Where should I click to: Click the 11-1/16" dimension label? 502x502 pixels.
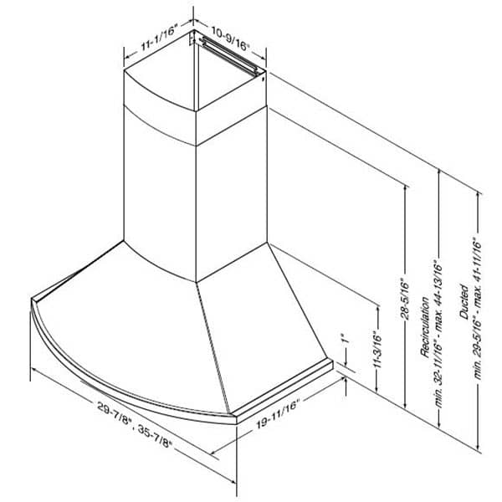coord(159,38)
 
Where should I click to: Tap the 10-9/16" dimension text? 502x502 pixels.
coord(230,40)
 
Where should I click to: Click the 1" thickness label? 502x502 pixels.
coord(345,339)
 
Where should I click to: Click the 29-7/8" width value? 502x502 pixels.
coord(115,412)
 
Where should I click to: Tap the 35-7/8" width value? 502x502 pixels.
coord(155,437)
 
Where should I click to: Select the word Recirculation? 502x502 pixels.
coord(425,327)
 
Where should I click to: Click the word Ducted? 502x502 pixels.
coord(464,301)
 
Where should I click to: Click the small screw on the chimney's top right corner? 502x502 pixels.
coord(263,79)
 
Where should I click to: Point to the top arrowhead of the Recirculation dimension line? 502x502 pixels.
coord(440,172)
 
